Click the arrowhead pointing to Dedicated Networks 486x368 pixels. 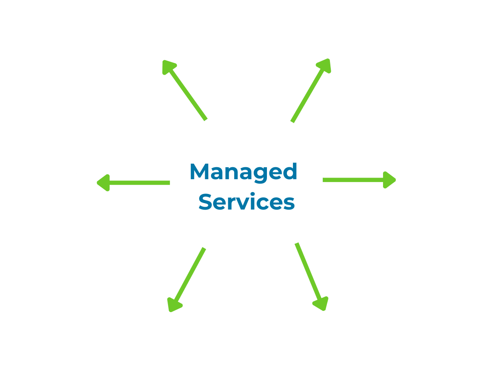point(168,67)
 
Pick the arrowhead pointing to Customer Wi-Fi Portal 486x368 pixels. point(103,182)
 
